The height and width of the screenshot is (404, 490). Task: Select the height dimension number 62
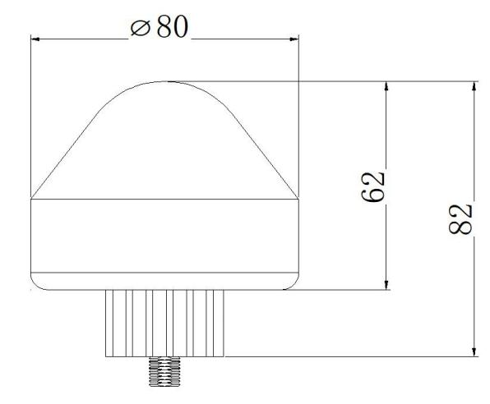coord(375,187)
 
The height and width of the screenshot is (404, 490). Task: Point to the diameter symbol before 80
coord(140,28)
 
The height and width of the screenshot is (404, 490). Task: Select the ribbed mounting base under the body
coord(164,323)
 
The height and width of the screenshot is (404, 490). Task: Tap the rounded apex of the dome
coord(164,83)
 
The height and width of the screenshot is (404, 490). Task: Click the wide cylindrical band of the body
coord(164,235)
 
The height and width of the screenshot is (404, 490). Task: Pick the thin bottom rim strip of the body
coord(164,280)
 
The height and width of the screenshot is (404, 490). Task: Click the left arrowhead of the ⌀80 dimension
coord(36,37)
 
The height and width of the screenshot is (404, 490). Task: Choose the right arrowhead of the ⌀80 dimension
coord(293,37)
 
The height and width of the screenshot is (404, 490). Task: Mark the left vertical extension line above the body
coord(30,115)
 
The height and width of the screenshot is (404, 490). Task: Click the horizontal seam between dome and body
coord(164,200)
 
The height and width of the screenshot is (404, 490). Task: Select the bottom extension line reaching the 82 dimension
coord(354,357)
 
